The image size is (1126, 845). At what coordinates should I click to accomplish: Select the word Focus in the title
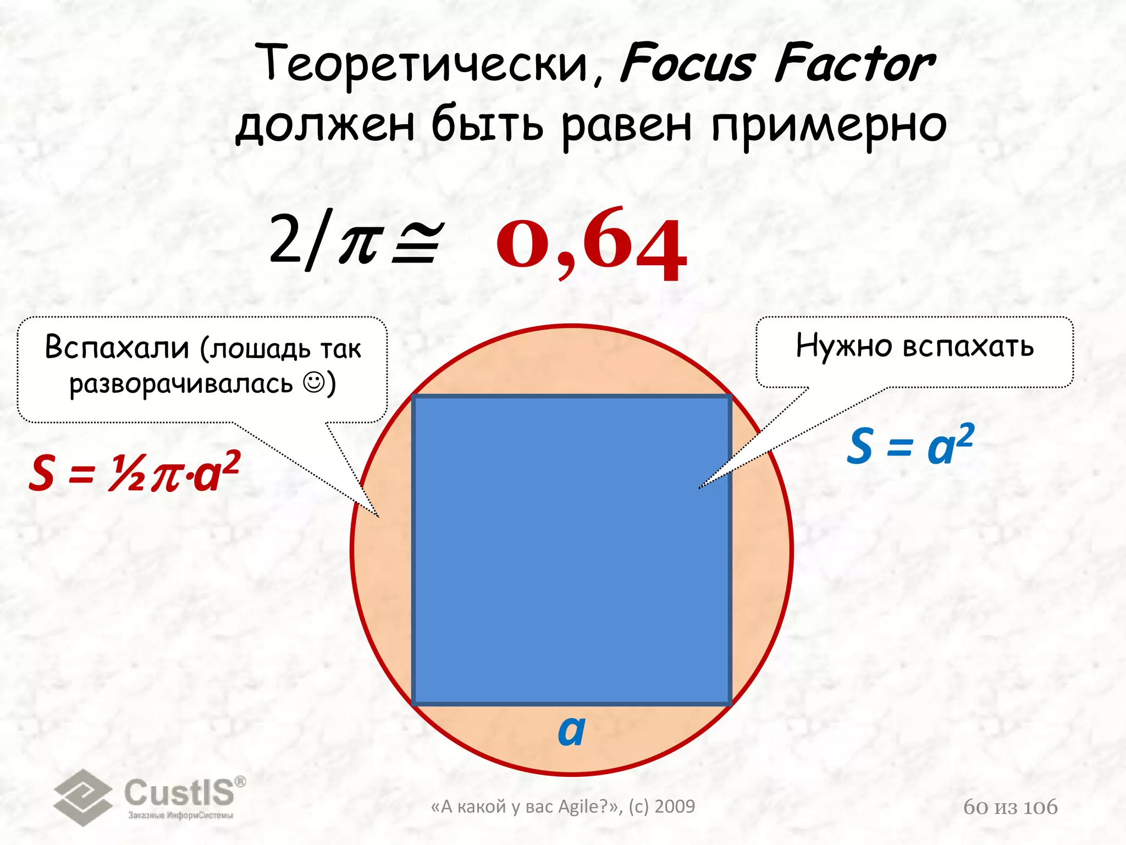(x=687, y=64)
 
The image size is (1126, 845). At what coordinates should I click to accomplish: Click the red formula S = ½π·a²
(x=135, y=472)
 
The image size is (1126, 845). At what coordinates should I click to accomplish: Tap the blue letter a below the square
(x=571, y=731)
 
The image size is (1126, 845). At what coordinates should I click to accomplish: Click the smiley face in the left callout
(x=314, y=383)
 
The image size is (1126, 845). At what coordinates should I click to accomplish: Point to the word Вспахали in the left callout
(x=117, y=347)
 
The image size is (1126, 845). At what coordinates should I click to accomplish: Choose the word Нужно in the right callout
(x=844, y=346)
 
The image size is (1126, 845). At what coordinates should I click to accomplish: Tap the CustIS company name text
(x=179, y=793)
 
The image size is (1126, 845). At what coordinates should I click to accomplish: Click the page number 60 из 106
(x=1010, y=807)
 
